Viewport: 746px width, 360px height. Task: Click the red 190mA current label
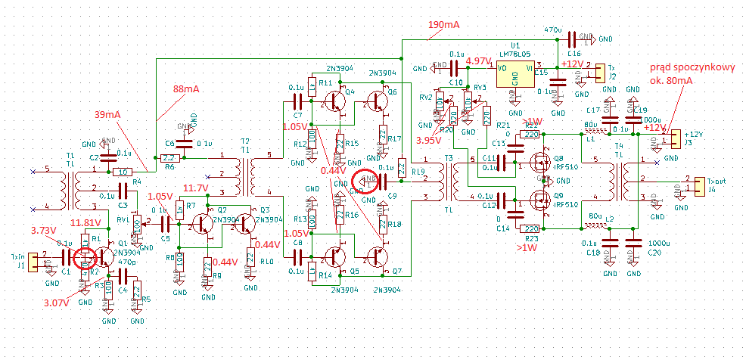(444, 24)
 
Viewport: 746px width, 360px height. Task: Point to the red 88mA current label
(185, 88)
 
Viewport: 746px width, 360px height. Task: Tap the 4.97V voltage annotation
(478, 61)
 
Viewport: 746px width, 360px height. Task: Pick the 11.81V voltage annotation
(85, 223)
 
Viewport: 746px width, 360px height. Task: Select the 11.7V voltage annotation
(195, 188)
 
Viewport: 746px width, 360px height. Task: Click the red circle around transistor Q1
(85, 258)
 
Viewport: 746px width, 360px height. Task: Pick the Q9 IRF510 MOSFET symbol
(538, 200)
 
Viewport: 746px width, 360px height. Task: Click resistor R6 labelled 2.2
(168, 159)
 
